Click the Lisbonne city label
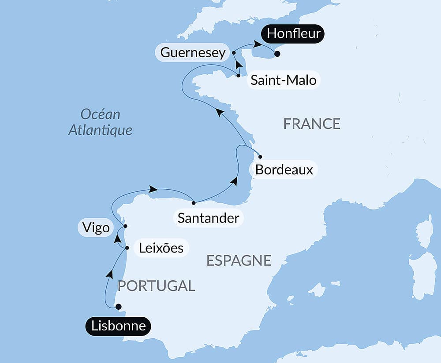tap(118, 326)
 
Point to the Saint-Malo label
tap(283, 81)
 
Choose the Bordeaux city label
tap(284, 170)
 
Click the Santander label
tap(208, 218)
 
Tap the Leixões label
tap(161, 248)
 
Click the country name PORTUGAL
tap(156, 286)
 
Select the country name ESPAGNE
tap(239, 260)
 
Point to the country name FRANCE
tap(312, 124)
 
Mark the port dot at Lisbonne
tap(118, 307)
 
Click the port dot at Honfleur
tap(277, 54)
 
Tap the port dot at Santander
tap(194, 203)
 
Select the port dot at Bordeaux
tap(260, 157)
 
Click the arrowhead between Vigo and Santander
tap(153, 189)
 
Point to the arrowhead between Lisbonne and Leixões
tap(109, 274)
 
